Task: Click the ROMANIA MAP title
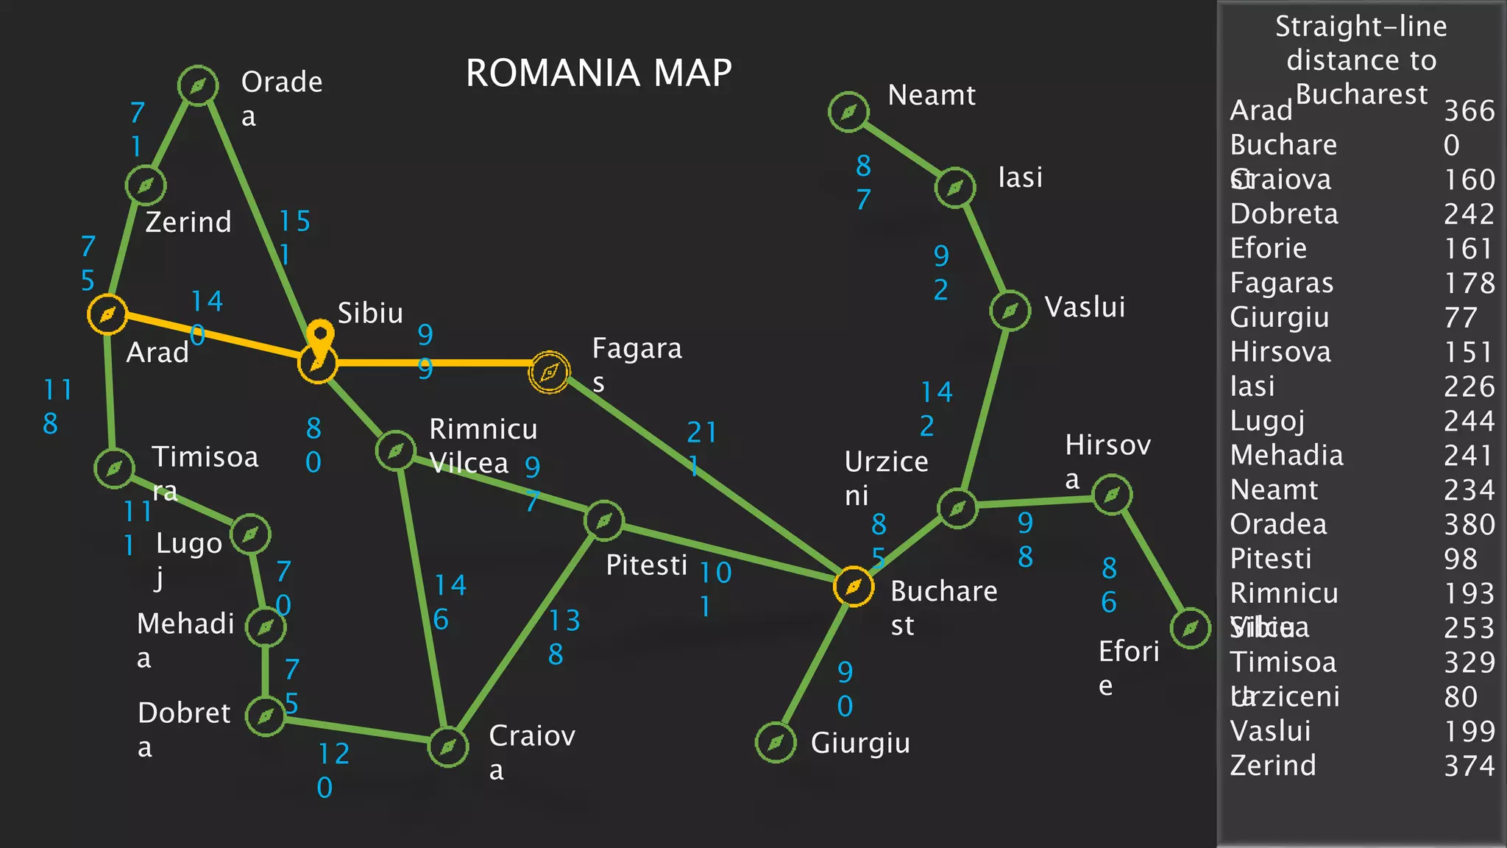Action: point(598,73)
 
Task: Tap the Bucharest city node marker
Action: point(854,587)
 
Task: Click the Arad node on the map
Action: point(107,314)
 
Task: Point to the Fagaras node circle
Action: point(549,372)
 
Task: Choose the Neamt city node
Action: point(848,112)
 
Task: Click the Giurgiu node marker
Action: point(776,743)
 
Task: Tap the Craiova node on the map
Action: point(448,747)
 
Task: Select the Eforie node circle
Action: point(1190,628)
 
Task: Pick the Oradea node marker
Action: point(198,85)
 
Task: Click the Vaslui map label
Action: point(1085,307)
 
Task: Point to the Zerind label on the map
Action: point(188,222)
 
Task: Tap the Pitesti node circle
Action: point(604,520)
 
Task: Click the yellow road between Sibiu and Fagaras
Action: point(442,363)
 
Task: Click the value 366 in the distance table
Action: point(1469,110)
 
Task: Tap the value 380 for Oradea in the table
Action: point(1469,524)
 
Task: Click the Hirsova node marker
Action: point(1112,495)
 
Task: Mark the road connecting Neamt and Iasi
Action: point(902,149)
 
